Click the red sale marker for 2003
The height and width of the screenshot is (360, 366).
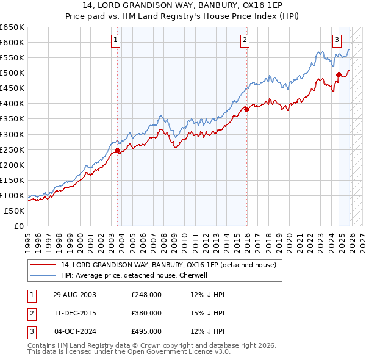pos(117,149)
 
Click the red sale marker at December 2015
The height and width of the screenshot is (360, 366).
pos(247,109)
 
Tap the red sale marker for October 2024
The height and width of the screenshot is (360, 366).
pos(339,74)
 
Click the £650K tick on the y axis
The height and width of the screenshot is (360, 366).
pos(12,27)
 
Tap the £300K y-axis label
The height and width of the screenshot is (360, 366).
pos(12,134)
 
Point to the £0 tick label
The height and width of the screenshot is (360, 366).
pos(19,226)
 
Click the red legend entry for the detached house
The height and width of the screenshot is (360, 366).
pos(168,265)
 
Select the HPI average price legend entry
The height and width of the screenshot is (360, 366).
pos(134,275)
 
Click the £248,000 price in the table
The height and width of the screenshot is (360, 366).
pos(146,295)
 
